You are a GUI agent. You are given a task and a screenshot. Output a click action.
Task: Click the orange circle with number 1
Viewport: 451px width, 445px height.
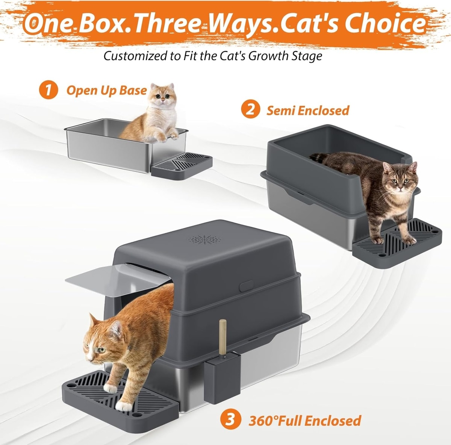pos(48,90)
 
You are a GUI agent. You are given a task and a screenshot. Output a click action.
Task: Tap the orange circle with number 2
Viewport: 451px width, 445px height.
pos(251,110)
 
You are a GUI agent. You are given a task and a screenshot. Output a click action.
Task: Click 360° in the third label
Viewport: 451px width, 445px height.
pos(262,421)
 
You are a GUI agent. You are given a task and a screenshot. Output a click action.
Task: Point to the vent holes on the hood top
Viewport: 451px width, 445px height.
pos(204,239)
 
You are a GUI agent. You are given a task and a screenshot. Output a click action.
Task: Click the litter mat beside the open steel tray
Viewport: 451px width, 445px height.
pos(182,166)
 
